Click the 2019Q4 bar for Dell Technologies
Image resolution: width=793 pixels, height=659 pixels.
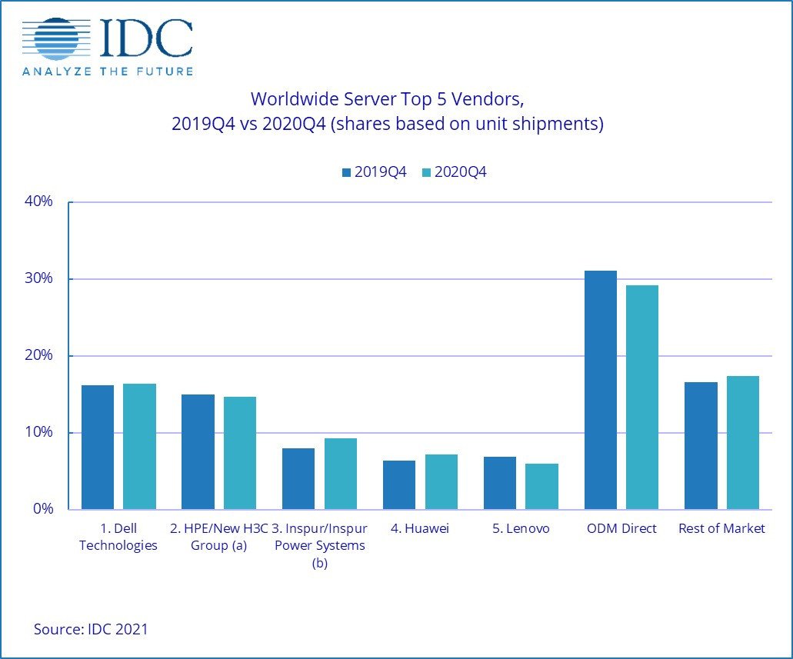[97, 447]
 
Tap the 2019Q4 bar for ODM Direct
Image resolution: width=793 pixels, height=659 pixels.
[600, 390]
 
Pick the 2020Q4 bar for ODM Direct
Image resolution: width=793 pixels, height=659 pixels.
[641, 397]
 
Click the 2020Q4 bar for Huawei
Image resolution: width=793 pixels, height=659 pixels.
[441, 481]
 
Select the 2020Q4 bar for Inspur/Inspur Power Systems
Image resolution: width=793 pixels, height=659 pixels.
[340, 474]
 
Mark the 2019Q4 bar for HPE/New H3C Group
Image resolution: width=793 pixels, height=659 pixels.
[198, 451]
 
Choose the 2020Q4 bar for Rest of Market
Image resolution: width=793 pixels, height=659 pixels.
[742, 442]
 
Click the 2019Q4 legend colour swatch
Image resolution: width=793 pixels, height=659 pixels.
[346, 173]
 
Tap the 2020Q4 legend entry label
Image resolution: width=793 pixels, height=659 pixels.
[461, 172]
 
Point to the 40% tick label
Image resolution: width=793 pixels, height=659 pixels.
[38, 201]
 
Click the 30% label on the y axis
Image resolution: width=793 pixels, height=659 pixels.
[38, 278]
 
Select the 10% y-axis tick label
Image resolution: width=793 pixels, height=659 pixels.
[38, 432]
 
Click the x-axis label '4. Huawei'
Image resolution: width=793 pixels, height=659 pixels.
[419, 529]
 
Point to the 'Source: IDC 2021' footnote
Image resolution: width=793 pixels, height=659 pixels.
[91, 629]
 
